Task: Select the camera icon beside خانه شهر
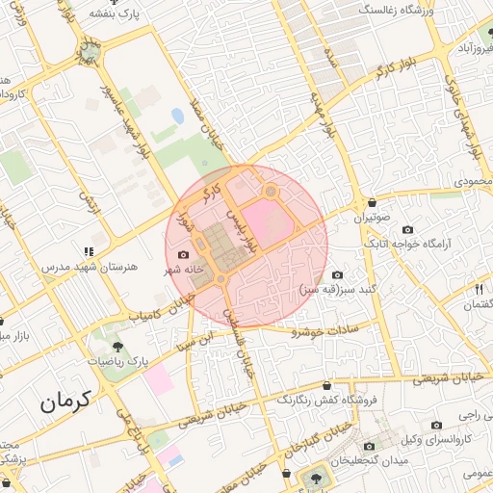point(183,255)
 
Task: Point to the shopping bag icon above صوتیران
point(372,202)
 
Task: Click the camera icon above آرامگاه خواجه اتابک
point(407,230)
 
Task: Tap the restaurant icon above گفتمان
point(478,289)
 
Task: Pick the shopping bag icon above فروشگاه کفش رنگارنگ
point(327,385)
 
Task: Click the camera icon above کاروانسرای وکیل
point(437,425)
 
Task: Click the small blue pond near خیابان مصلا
point(178,117)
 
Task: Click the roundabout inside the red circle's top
point(271,192)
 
